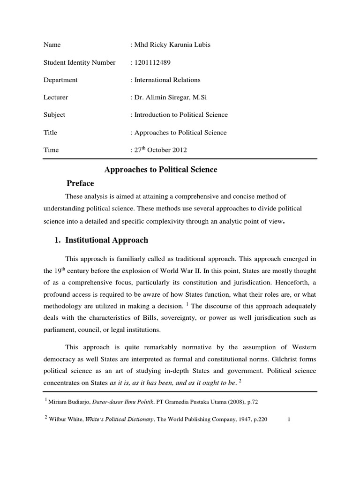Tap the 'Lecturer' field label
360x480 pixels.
click(x=56, y=97)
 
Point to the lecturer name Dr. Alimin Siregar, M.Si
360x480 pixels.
click(x=172, y=97)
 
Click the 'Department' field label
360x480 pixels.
click(x=60, y=80)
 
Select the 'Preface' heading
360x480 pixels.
click(x=80, y=183)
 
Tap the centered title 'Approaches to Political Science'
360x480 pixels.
click(x=160, y=170)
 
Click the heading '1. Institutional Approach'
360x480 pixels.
click(x=102, y=240)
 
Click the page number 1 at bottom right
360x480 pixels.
click(x=291, y=420)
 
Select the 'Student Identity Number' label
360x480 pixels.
click(x=79, y=62)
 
